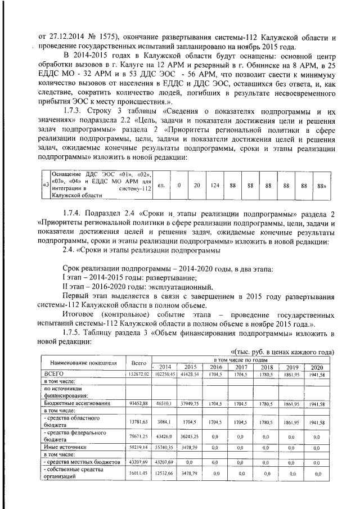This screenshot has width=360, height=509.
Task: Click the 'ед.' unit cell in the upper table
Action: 161,185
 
